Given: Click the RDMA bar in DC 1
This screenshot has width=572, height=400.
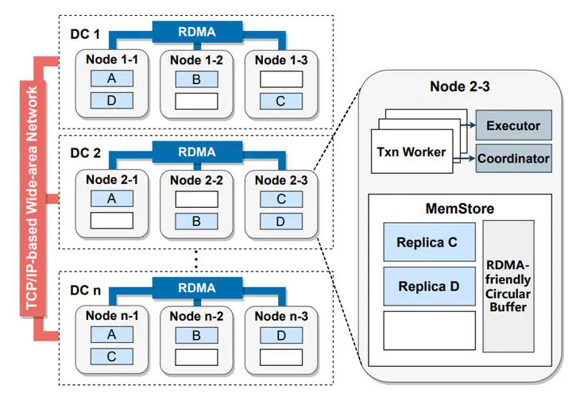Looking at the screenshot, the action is pos(197,32).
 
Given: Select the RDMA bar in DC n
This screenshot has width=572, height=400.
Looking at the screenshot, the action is pos(197,288).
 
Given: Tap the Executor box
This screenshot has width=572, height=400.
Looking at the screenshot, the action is pos(514,125).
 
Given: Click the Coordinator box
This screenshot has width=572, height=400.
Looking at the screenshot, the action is pos(514,159).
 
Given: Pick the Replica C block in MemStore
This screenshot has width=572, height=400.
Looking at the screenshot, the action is pos(429,242).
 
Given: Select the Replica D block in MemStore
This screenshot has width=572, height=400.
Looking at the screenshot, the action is pos(429,287).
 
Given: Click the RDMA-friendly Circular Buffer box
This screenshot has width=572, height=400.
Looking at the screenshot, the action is pos(508,286).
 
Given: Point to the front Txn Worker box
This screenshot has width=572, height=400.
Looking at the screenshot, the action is pos(412,151).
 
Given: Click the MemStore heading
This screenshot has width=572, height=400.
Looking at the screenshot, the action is pos(460,209).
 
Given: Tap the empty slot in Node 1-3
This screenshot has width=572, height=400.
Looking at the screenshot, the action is pos(281,79).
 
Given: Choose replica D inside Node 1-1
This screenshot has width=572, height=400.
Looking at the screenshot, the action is pos(112,101).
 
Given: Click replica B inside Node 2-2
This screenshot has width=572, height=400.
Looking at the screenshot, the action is pos(196,221).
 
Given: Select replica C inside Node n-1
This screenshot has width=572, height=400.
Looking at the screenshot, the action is pos(112,356).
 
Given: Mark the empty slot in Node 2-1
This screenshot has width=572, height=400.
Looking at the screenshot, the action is pos(112,221).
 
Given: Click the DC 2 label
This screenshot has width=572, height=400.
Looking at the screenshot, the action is pos(85,153).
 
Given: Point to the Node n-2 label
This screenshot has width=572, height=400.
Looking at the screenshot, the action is pos(197,316).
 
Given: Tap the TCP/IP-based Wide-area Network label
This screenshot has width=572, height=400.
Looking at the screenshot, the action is pos(32,198).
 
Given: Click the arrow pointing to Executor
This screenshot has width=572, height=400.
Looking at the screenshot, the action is pos(468,125).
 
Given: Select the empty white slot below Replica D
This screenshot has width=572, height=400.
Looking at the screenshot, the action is pos(429,330).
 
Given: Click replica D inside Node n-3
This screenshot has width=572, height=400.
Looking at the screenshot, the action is pos(281,335).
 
